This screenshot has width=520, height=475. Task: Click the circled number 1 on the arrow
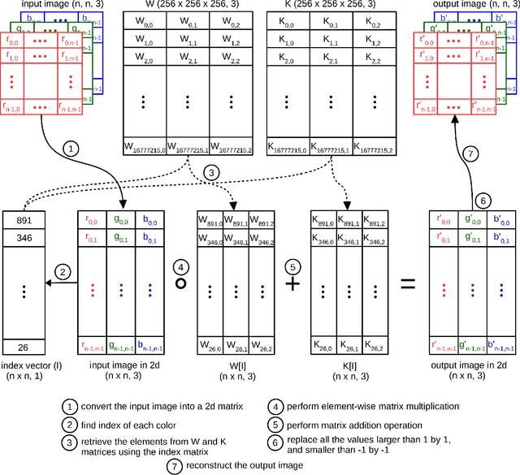(x=71, y=149)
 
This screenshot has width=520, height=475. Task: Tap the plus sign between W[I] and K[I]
(x=292, y=283)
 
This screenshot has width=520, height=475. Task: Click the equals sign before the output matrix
(x=409, y=283)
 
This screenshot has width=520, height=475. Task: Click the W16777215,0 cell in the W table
(x=142, y=146)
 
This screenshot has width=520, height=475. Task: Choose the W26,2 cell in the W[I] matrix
(x=261, y=347)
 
